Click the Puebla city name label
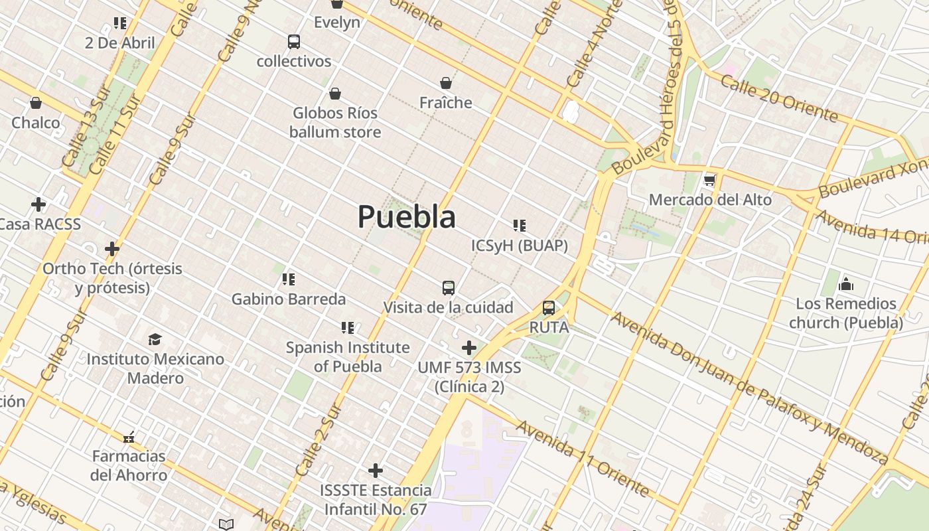[x=407, y=217]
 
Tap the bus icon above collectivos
[x=294, y=42]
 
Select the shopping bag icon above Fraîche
[x=446, y=83]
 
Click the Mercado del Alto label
[x=710, y=200]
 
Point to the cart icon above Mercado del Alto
[x=709, y=180]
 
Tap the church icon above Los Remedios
[x=845, y=285]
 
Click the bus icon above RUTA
[x=549, y=308]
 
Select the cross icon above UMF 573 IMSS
[x=469, y=347]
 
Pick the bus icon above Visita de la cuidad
[x=449, y=288]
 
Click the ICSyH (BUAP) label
[x=520, y=246]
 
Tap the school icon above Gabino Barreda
[x=288, y=279]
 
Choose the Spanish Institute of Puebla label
[x=348, y=356]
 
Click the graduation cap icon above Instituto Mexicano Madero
[x=155, y=340]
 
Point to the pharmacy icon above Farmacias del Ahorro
[x=129, y=437]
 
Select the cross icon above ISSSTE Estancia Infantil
[x=376, y=471]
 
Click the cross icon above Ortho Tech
[x=112, y=249]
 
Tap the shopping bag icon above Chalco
[x=36, y=104]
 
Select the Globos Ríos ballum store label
[x=335, y=123]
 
